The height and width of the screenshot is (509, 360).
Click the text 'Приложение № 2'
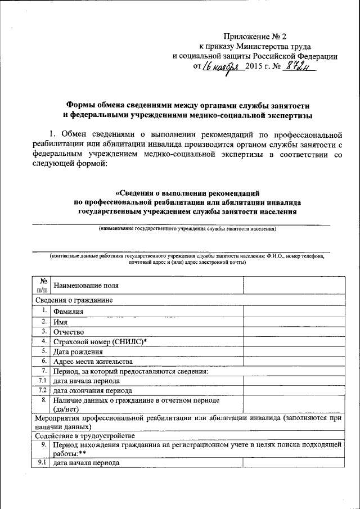tap(256, 36)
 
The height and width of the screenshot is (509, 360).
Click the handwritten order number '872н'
tap(298, 66)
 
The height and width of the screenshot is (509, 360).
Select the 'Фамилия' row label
tap(69, 311)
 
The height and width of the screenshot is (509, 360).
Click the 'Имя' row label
tap(60, 322)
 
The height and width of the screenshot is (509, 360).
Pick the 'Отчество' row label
tap(68, 332)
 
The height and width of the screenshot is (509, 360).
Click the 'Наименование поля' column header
tap(85, 286)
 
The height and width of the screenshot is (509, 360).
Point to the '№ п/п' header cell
tap(41, 285)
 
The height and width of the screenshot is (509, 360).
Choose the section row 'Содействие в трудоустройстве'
tap(84, 435)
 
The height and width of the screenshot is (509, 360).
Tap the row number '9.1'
tap(41, 463)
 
